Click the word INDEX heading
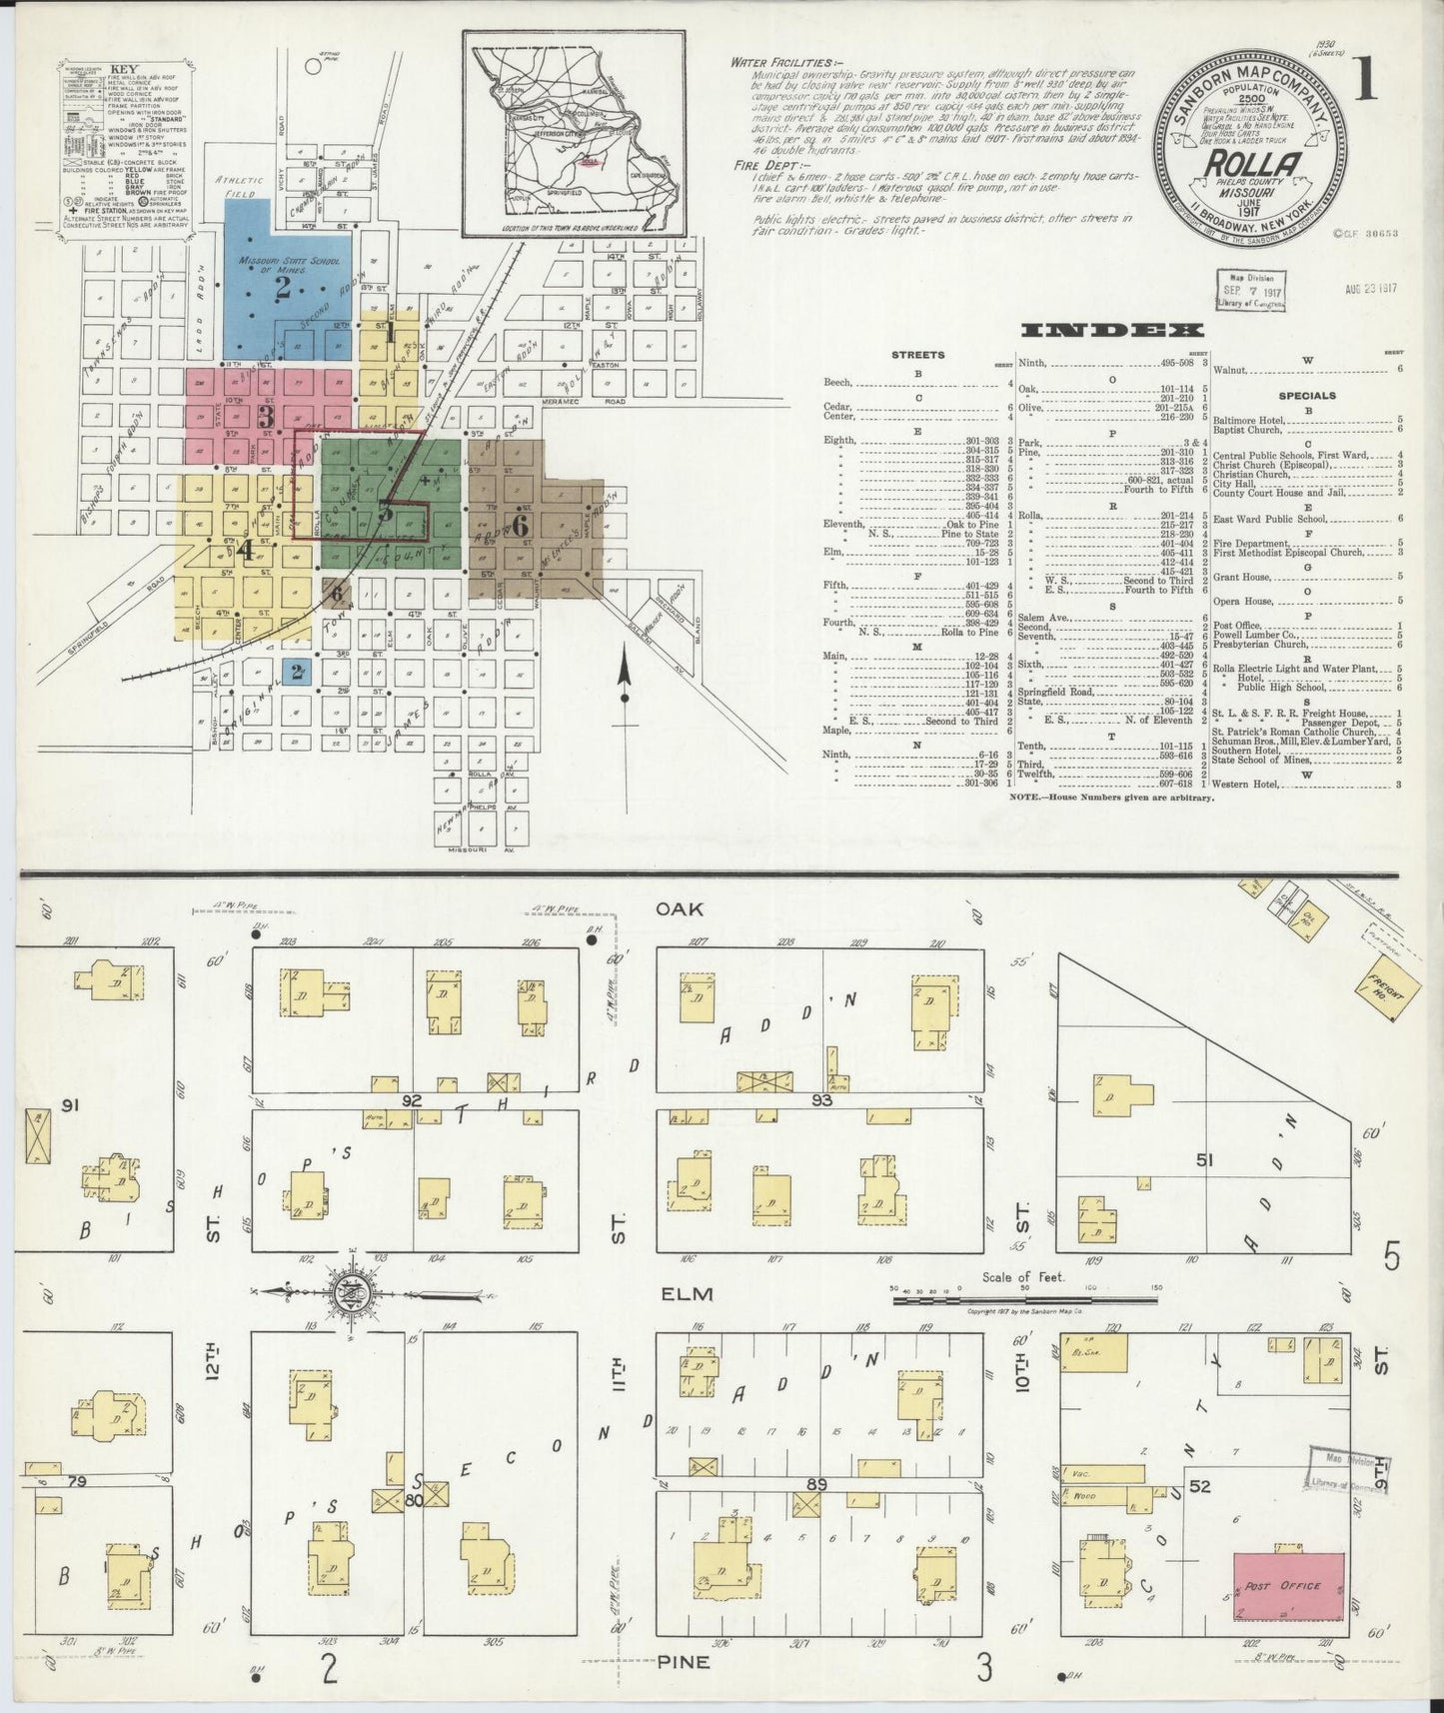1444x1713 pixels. (x=1110, y=331)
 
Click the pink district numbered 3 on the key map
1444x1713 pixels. (x=266, y=415)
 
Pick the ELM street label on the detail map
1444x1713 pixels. (x=687, y=1294)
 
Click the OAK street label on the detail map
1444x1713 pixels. (x=681, y=908)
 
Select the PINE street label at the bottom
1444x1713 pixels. (x=685, y=1662)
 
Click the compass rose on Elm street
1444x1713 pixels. (x=352, y=1292)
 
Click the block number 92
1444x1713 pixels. (x=408, y=1099)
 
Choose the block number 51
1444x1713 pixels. (x=1204, y=1159)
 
